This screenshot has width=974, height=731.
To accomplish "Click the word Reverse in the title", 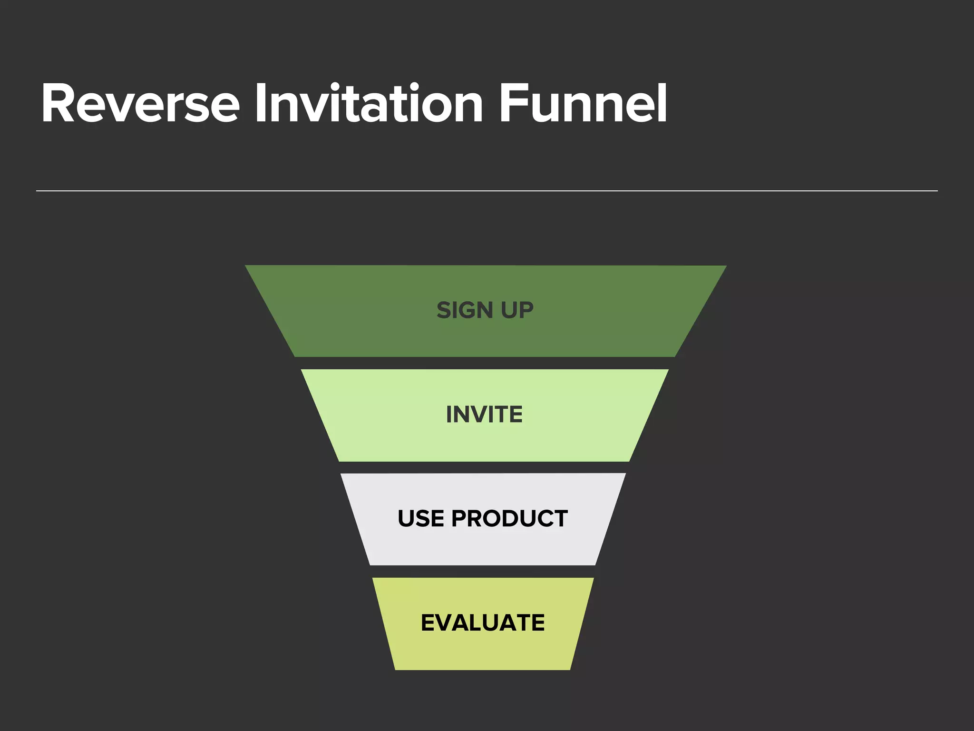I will pyautogui.click(x=140, y=104).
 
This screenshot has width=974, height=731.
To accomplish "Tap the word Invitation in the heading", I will pyautogui.click(x=369, y=104).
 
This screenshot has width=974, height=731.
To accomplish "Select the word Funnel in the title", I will pyautogui.click(x=583, y=104).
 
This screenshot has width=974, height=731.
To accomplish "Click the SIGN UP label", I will pyautogui.click(x=485, y=310).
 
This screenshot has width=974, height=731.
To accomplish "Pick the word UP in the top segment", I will pyautogui.click(x=517, y=310).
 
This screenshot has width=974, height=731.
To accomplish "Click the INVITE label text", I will pyautogui.click(x=484, y=415).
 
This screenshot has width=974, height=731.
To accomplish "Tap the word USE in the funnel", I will pyautogui.click(x=421, y=518).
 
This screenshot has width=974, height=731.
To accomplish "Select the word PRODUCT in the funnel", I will pyautogui.click(x=509, y=518).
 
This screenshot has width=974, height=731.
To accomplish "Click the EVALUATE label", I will pyautogui.click(x=483, y=622).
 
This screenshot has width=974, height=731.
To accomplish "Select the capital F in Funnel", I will pyautogui.click(x=513, y=104).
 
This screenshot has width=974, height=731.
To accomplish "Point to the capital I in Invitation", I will pyautogui.click(x=260, y=104).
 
